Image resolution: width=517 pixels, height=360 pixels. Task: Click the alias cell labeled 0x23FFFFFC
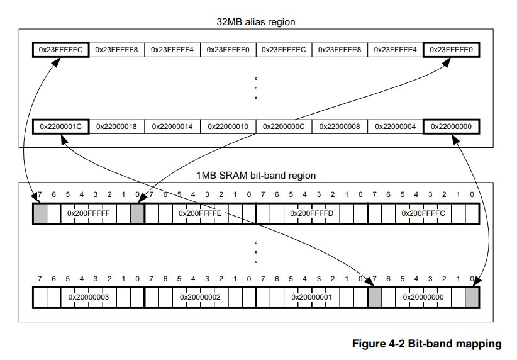pyautogui.click(x=60, y=50)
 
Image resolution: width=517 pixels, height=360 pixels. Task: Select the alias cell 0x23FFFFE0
pyautogui.click(x=451, y=50)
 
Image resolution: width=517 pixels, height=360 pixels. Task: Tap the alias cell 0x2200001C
pyautogui.click(x=60, y=127)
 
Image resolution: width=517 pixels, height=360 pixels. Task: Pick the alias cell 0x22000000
pyautogui.click(x=451, y=127)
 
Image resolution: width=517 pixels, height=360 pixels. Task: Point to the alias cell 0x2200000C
pyautogui.click(x=284, y=127)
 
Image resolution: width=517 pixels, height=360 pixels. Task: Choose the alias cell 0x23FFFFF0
pyautogui.click(x=228, y=50)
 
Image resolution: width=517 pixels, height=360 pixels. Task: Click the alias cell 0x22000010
pyautogui.click(x=228, y=127)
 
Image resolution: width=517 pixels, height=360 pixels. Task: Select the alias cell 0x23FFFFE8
pyautogui.click(x=340, y=50)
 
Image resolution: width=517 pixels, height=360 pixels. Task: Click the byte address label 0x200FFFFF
pyautogui.click(x=88, y=213)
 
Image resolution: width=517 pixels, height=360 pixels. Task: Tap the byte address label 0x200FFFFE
pyautogui.click(x=200, y=213)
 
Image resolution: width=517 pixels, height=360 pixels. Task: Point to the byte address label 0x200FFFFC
pyautogui.click(x=423, y=213)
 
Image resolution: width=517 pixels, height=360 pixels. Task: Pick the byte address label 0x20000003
pyautogui.click(x=88, y=297)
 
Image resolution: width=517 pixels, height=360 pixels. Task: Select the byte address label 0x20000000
pyautogui.click(x=423, y=297)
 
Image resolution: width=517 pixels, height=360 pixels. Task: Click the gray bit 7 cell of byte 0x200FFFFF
pyautogui.click(x=40, y=214)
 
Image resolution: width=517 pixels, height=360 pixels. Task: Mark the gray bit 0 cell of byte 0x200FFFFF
pyautogui.click(x=137, y=214)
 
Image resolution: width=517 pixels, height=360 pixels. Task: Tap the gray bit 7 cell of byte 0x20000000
pyautogui.click(x=375, y=297)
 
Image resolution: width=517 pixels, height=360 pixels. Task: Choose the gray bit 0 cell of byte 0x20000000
pyautogui.click(x=472, y=297)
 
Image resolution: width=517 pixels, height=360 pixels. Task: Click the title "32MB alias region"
pyautogui.click(x=256, y=22)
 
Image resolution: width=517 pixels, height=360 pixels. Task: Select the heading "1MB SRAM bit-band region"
pyautogui.click(x=256, y=175)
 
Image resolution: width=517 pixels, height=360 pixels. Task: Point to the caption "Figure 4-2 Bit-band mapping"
pyautogui.click(x=427, y=344)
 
